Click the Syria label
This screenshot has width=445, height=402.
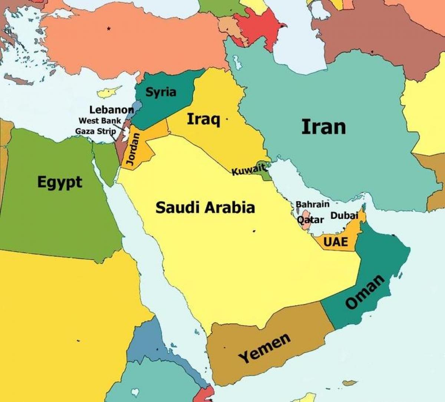click(161, 92)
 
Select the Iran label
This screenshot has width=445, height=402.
click(323, 127)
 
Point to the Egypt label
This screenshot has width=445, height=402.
click(60, 182)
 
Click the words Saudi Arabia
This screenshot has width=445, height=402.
click(205, 207)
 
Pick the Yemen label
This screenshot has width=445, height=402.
click(264, 348)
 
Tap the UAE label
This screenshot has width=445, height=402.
click(336, 242)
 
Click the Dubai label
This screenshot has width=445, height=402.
click(344, 215)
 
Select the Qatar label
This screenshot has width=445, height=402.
click(311, 220)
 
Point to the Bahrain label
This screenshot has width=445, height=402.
click(312, 204)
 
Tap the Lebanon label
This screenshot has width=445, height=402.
click(111, 110)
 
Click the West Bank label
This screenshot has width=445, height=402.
click(99, 121)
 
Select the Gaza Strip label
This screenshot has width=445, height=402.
click(95, 131)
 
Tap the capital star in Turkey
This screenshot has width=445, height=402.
click(109, 28)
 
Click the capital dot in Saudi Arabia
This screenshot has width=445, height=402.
click(254, 231)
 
